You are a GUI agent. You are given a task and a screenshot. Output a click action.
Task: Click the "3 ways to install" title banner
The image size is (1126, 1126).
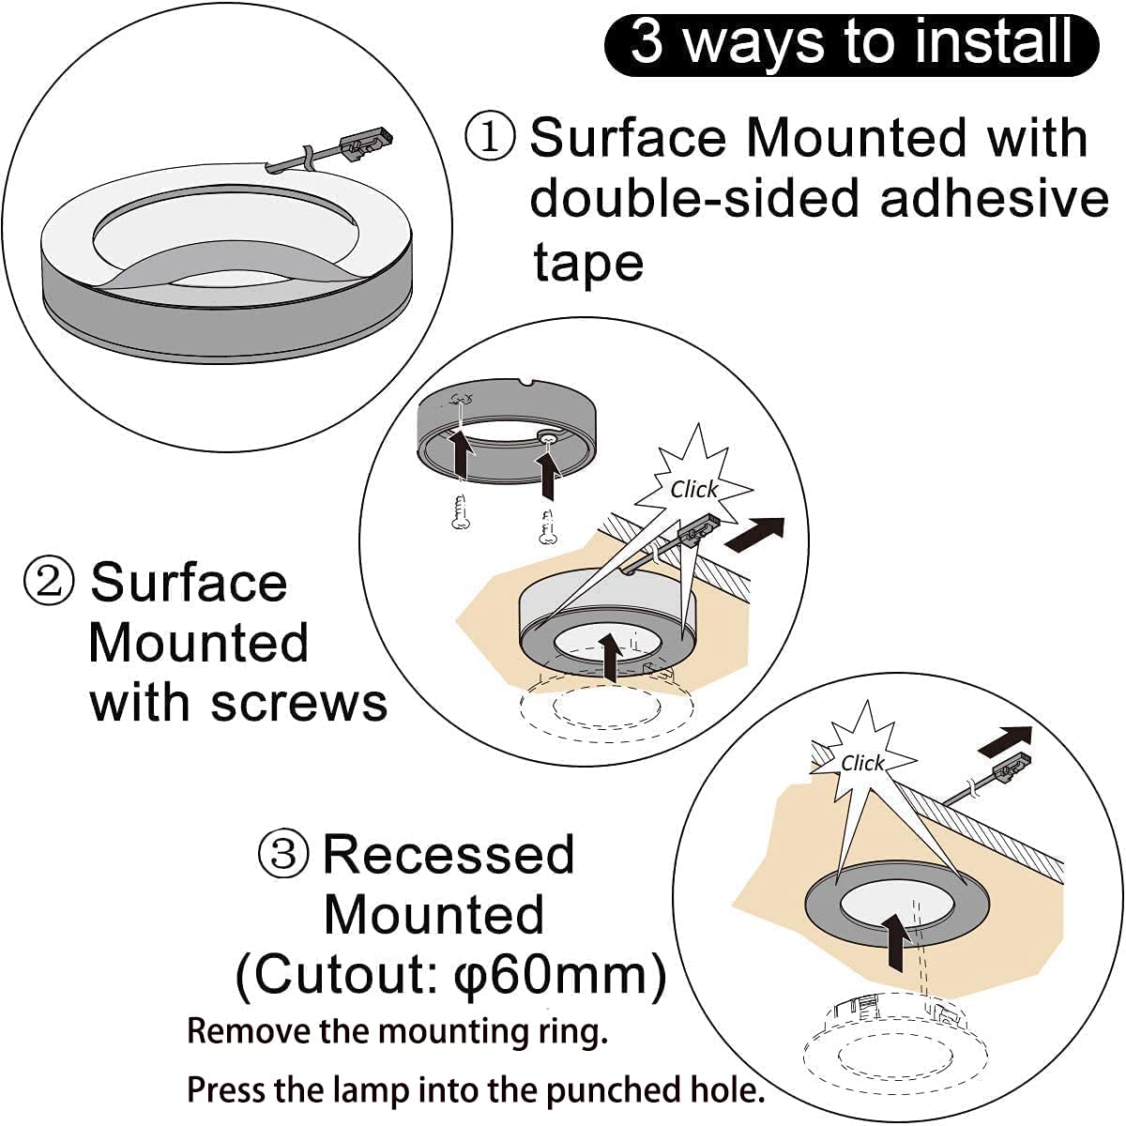pos(851,42)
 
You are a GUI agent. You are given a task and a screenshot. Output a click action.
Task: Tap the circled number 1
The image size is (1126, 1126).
pos(490,137)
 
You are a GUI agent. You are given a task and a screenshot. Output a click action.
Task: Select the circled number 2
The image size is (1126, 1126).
pos(48,582)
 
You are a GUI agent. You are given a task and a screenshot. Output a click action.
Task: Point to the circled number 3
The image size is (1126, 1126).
pos(282,854)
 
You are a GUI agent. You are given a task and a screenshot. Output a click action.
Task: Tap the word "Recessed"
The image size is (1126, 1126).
pos(448,855)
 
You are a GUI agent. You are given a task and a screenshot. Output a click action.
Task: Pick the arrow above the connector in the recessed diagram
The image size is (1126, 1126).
pos(1004,740)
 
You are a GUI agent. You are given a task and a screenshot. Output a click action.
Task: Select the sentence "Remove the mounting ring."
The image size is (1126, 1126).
pos(397,1031)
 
